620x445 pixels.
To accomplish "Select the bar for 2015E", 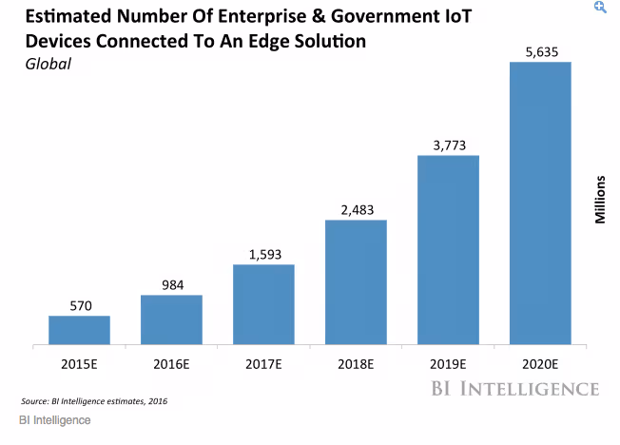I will [79, 329].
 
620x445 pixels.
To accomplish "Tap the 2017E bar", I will [263, 303].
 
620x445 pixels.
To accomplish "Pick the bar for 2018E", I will [356, 281].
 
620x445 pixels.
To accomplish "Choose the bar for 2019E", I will [448, 249].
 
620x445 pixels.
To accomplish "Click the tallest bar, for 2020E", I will [540, 203].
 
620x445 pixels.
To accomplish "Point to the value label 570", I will [79, 306].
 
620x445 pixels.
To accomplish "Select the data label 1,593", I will [263, 254].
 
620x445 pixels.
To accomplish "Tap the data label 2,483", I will [356, 209].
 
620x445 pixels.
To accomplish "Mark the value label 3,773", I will [448, 145].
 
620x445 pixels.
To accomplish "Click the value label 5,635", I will [540, 51].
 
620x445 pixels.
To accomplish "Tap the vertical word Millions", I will [600, 199].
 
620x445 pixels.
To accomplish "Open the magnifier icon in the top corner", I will [599, 7].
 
